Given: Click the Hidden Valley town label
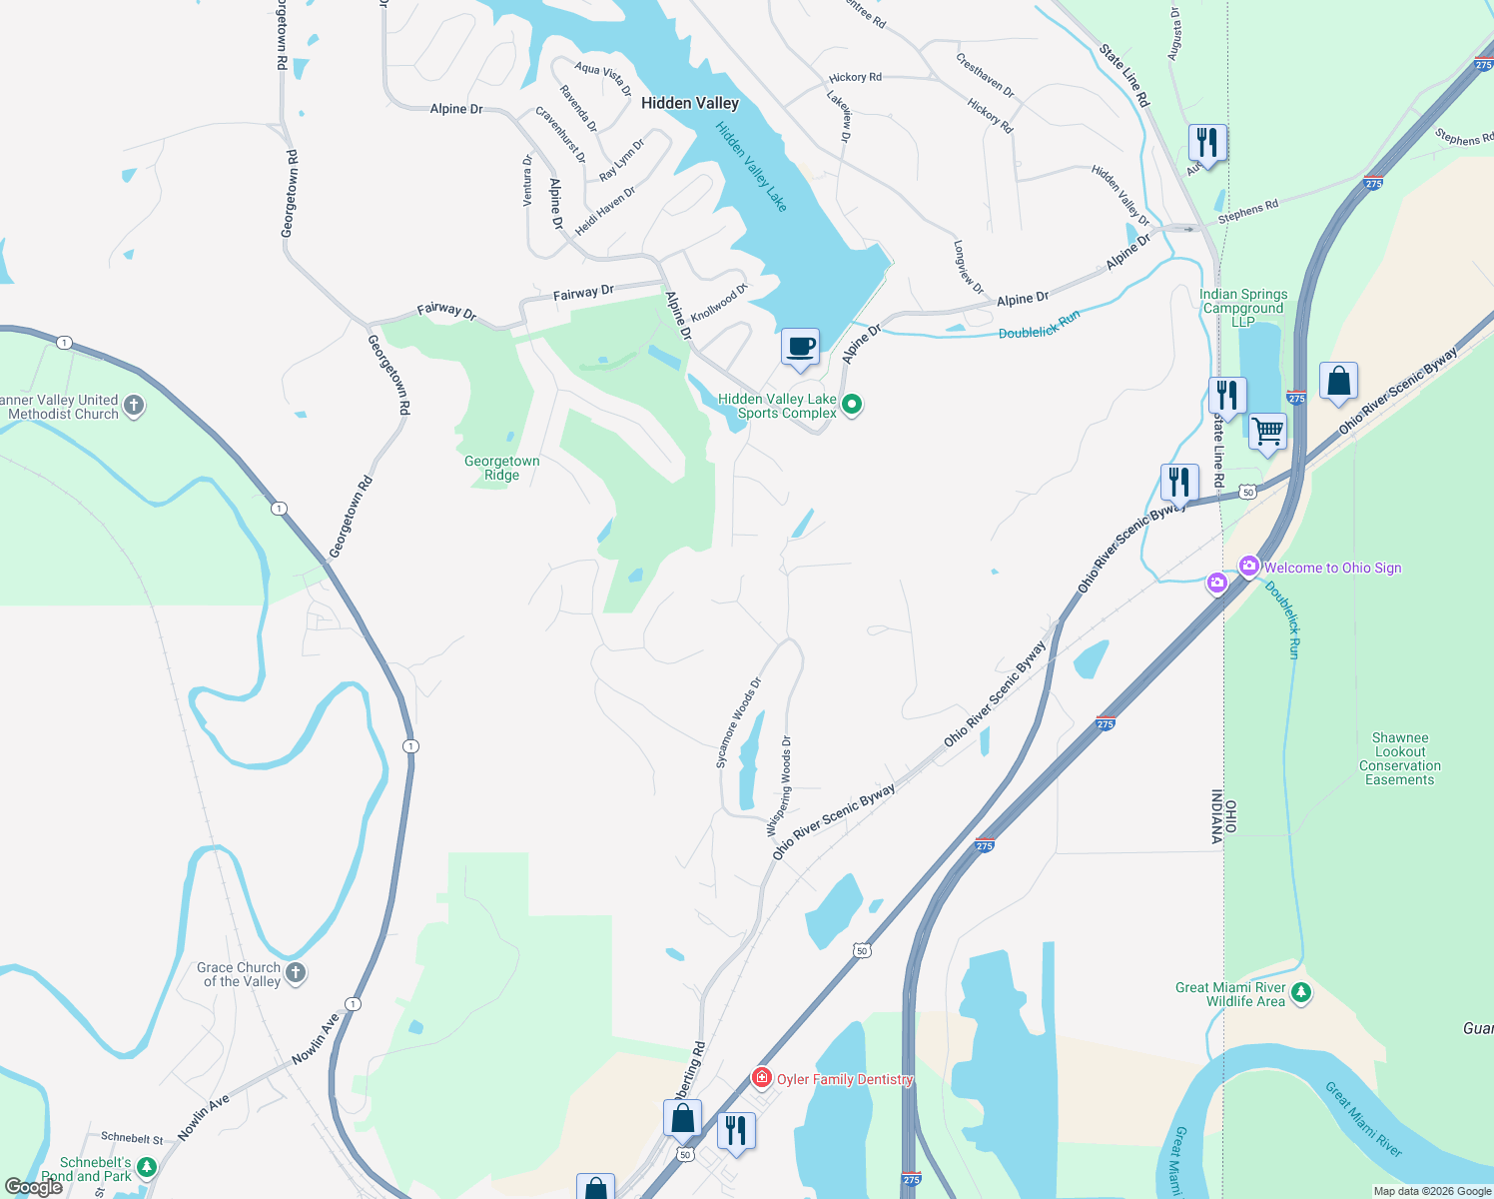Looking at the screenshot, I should click(689, 103).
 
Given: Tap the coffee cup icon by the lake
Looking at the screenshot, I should click(800, 347).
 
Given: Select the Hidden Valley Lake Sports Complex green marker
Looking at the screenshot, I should click(852, 405).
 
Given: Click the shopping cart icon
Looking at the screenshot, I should click(1267, 432).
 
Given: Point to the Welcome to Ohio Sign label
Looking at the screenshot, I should click(1332, 568).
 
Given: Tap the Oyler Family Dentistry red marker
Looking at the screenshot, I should click(762, 1077).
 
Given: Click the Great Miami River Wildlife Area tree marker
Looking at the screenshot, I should click(1300, 993).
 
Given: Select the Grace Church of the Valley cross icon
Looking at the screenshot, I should click(295, 973).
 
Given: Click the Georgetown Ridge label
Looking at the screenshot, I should click(501, 468).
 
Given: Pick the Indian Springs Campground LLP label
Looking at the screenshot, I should click(1243, 308).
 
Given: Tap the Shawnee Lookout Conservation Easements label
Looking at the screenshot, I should click(1399, 759).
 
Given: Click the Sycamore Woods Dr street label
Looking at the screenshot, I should click(739, 723).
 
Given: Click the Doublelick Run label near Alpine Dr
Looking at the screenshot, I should click(1039, 326).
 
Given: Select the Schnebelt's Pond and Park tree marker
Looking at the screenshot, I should click(147, 1167).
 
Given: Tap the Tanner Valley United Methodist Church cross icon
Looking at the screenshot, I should click(134, 406).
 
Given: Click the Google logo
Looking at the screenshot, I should click(34, 1186).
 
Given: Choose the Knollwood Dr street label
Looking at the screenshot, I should click(719, 303).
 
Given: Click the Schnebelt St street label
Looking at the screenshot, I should click(132, 1138).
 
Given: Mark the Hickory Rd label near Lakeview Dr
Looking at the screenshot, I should click(855, 77).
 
